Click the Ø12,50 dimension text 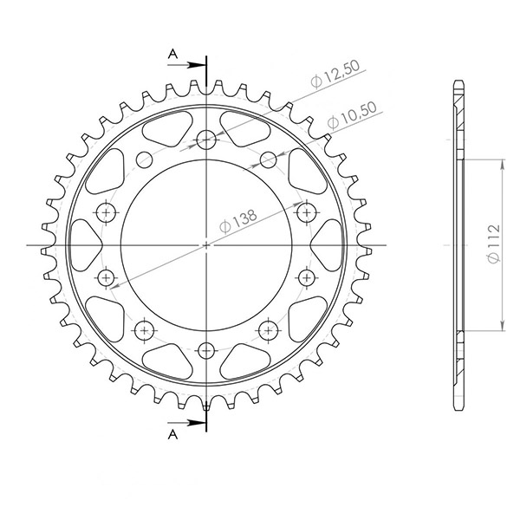pyautogui.click(x=337, y=76)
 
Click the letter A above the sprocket pyautogui.click(x=172, y=55)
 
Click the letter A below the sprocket pyautogui.click(x=172, y=431)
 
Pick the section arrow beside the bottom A pyautogui.click(x=194, y=424)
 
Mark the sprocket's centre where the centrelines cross pyautogui.click(x=206, y=246)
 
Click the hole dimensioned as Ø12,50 pyautogui.click(x=206, y=140)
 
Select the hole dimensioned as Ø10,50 pyautogui.click(x=268, y=159)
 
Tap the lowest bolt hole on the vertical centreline pyautogui.click(x=206, y=350)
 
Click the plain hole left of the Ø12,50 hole pyautogui.click(x=144, y=159)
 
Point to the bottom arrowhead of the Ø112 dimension pyautogui.click(x=502, y=328)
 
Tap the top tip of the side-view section pyautogui.click(x=457, y=81)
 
